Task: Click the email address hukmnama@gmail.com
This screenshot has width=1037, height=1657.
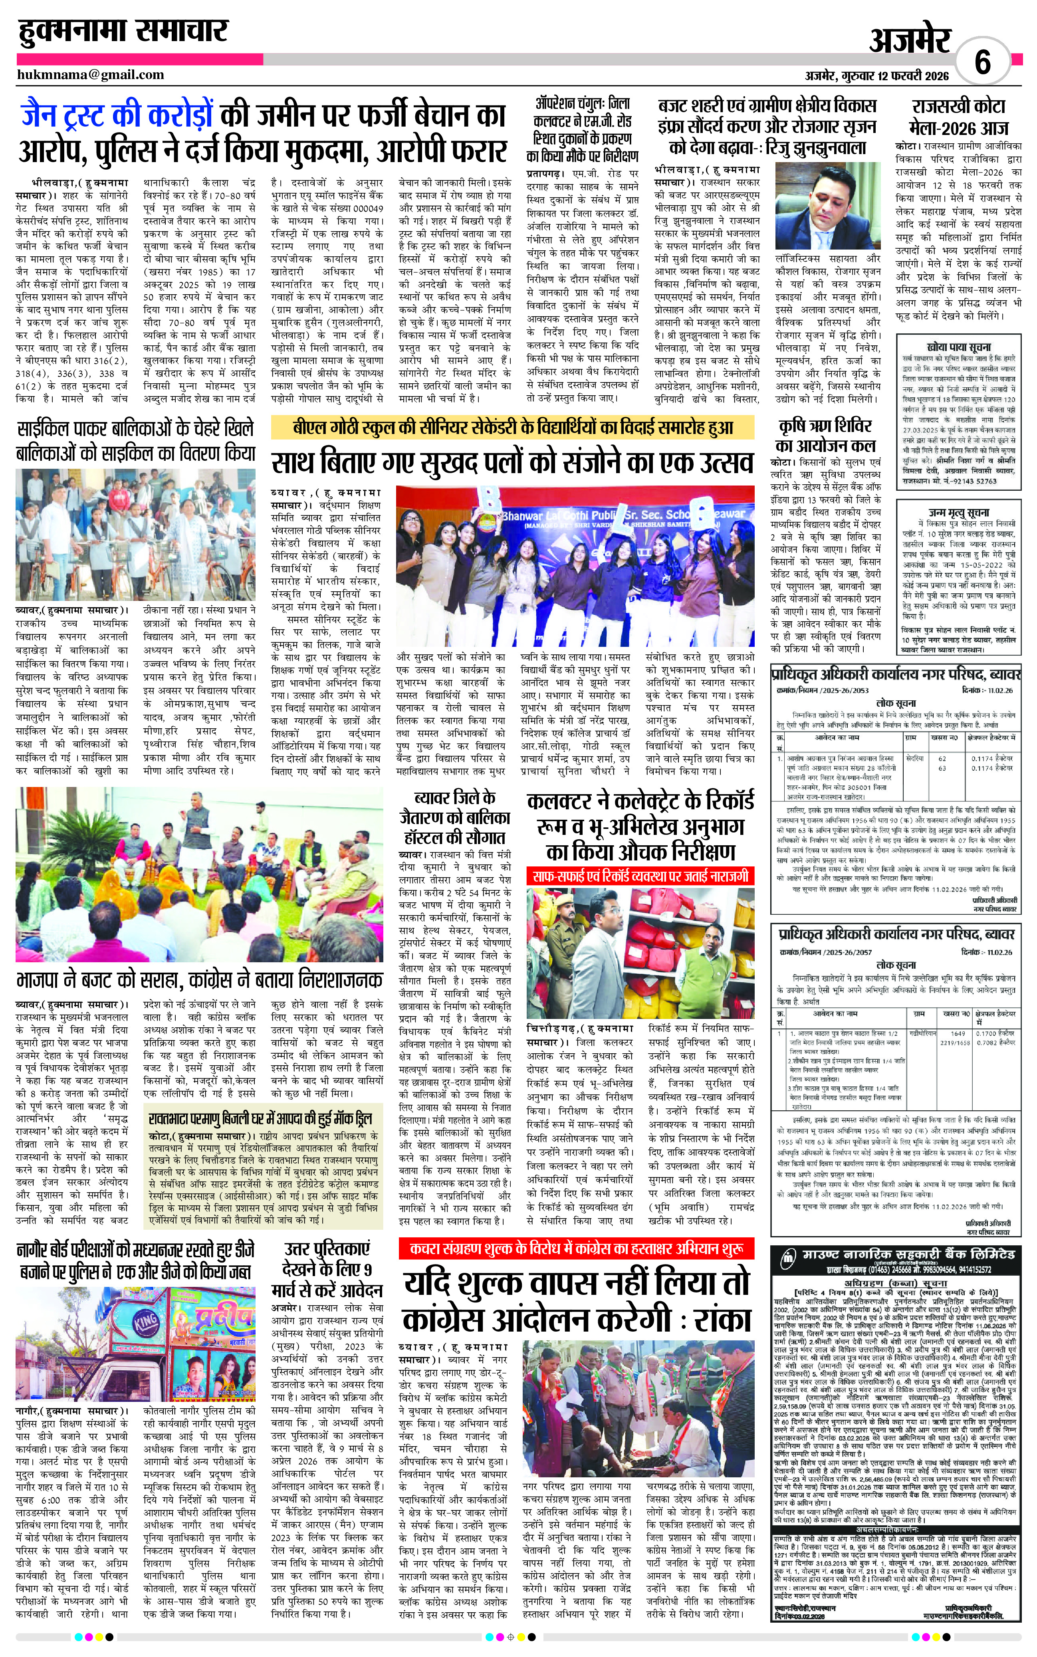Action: pyautogui.click(x=91, y=75)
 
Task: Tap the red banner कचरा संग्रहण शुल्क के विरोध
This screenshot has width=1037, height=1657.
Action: pyautogui.click(x=577, y=1248)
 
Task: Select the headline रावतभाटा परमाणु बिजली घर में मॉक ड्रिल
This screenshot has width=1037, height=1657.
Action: pyautogui.click(x=261, y=1119)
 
